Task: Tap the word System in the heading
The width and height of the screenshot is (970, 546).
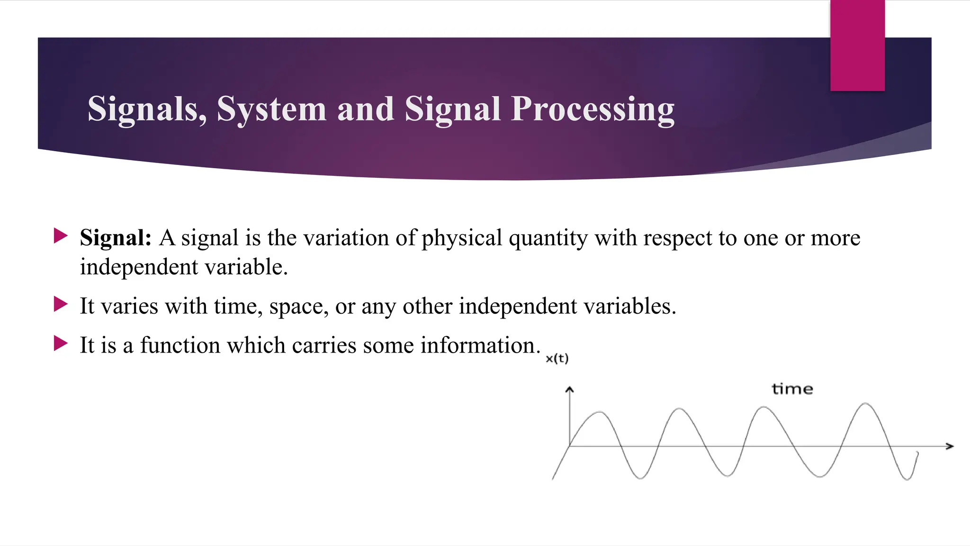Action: pyautogui.click(x=271, y=109)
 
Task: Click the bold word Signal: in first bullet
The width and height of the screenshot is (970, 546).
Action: pyautogui.click(x=116, y=238)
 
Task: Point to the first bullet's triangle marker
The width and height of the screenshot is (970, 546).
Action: pyautogui.click(x=61, y=236)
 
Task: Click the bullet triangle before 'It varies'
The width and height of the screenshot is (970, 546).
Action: pyautogui.click(x=61, y=304)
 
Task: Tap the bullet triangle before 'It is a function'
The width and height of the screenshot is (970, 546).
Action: pyautogui.click(x=61, y=343)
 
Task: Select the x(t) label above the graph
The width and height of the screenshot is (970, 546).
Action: pyautogui.click(x=557, y=359)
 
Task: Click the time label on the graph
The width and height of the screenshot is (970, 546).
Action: pyautogui.click(x=792, y=389)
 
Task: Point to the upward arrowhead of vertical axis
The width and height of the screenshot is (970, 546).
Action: pyautogui.click(x=569, y=390)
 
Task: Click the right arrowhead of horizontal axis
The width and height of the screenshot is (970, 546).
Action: pyautogui.click(x=949, y=446)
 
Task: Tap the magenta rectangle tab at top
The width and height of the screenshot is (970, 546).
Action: pyautogui.click(x=857, y=45)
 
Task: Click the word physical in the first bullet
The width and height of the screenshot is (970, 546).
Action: pyautogui.click(x=462, y=238)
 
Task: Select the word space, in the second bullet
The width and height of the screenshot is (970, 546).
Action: pyautogui.click(x=299, y=307)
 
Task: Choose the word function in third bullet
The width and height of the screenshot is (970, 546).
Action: pyautogui.click(x=180, y=345)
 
